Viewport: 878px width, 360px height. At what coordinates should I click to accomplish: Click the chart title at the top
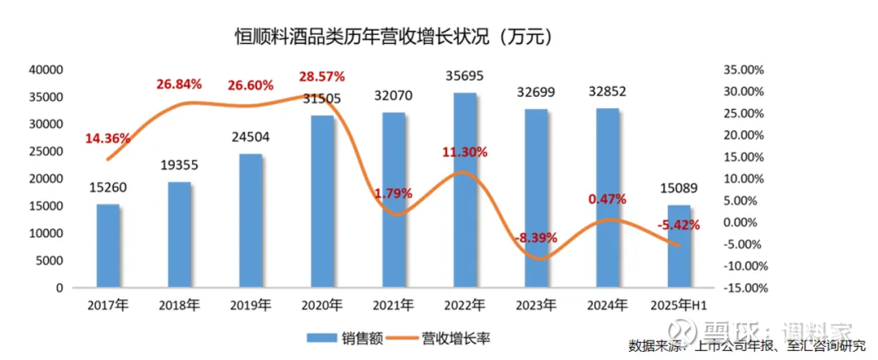[x=387, y=37]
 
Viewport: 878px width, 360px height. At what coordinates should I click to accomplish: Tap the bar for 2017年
[x=108, y=245]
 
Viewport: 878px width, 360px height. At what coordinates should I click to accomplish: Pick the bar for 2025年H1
[x=679, y=246]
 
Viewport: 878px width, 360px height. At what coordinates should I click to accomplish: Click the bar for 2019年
[x=251, y=220]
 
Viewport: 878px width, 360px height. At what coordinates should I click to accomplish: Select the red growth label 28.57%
[x=322, y=76]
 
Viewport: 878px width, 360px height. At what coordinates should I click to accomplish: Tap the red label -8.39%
[x=536, y=238]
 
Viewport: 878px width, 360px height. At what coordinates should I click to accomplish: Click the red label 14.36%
[x=107, y=138]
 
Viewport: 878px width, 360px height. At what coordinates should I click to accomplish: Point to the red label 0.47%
[x=606, y=198]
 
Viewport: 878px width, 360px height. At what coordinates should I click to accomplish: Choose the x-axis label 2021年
[x=394, y=306]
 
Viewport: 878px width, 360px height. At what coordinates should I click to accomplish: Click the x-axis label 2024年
[x=608, y=306]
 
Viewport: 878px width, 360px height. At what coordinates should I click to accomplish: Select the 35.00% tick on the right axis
[x=745, y=70]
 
